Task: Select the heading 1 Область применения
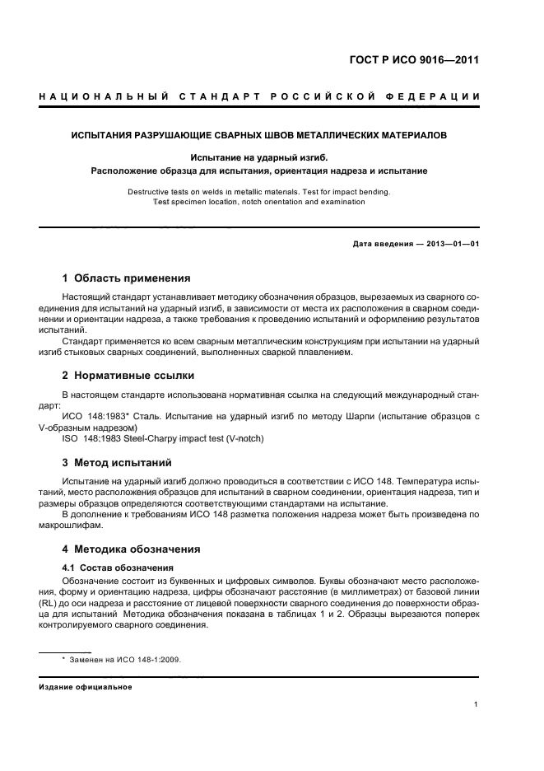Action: point(127,278)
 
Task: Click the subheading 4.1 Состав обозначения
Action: point(118,568)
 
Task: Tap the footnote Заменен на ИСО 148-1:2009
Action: point(127,660)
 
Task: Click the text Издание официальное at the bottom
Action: point(86,687)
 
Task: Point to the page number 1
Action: point(477,704)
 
